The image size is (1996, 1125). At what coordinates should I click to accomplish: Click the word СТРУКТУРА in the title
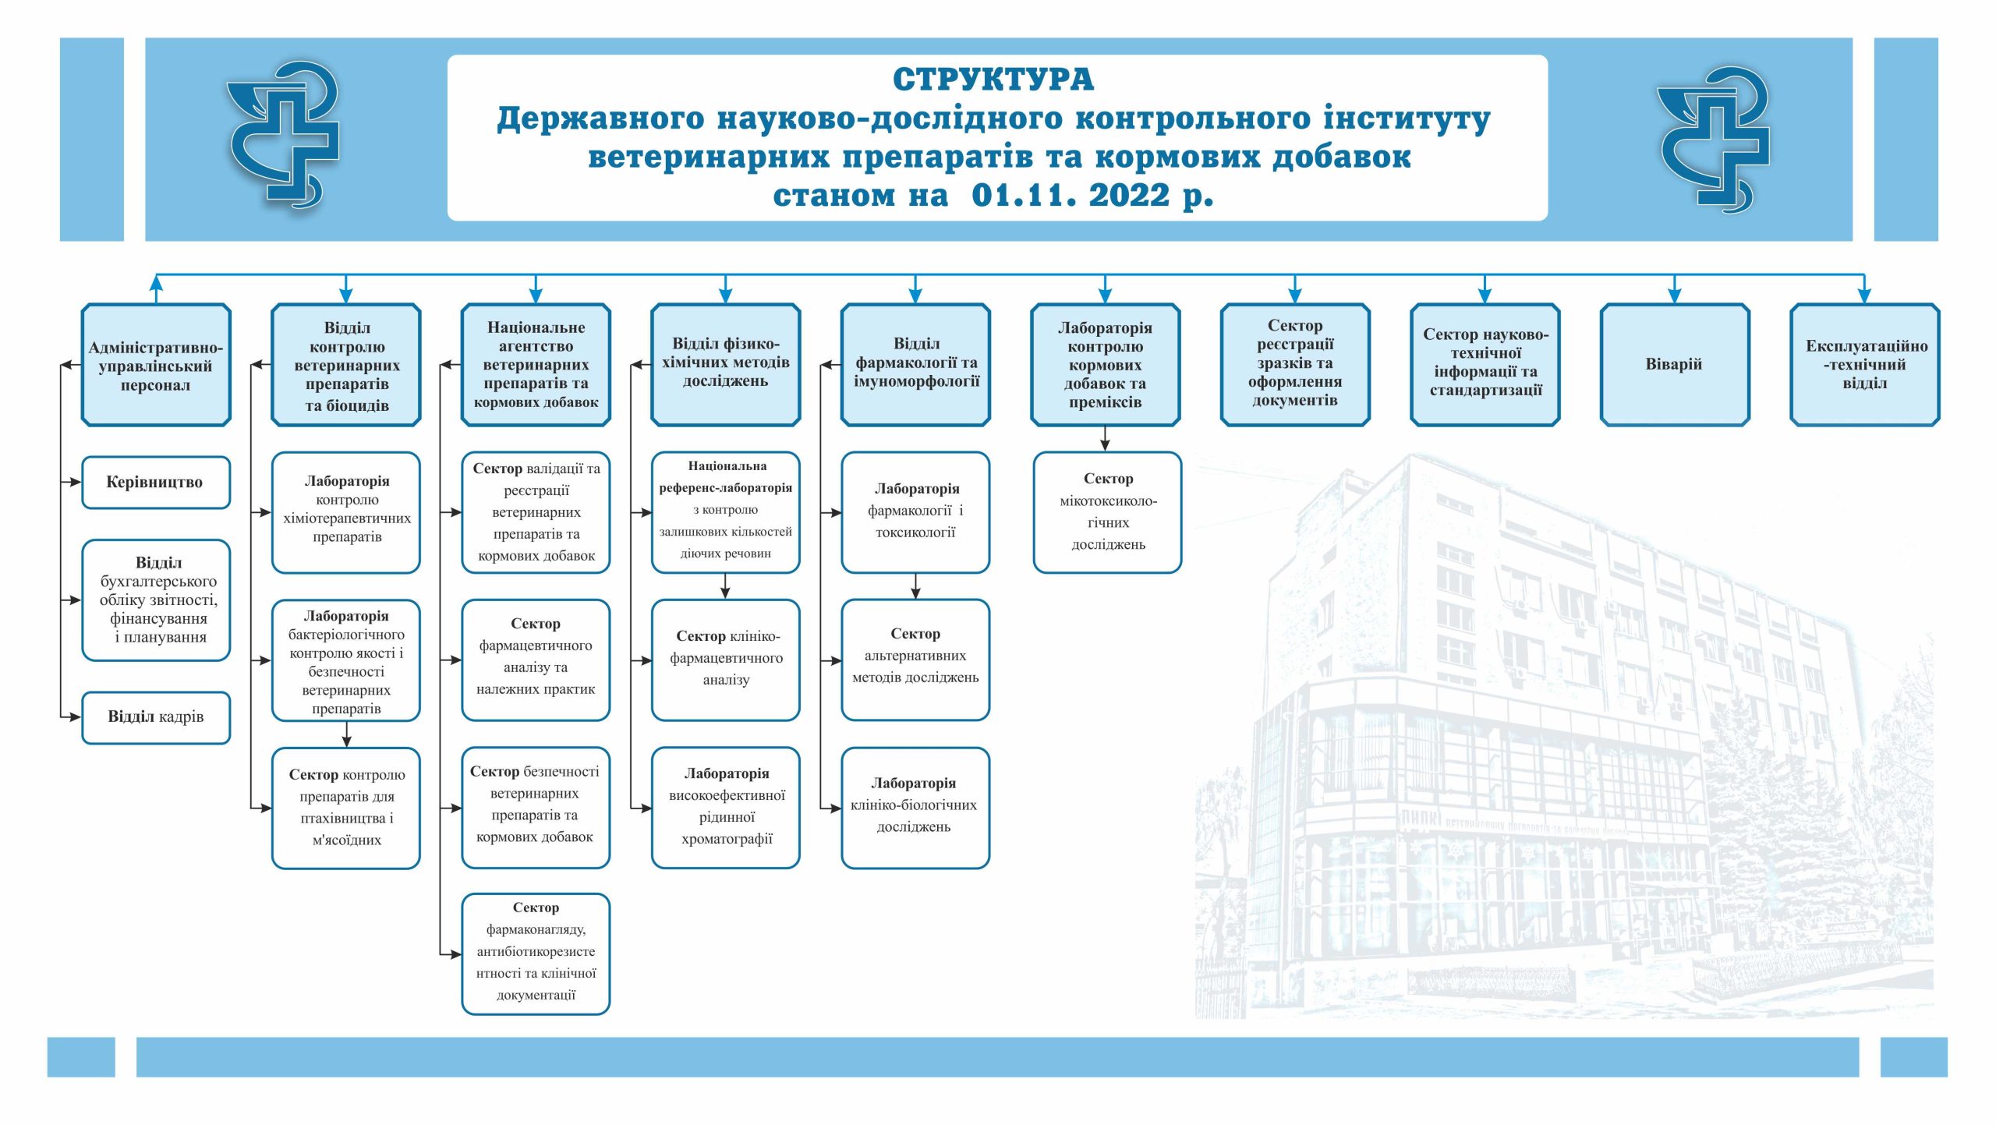pyautogui.click(x=993, y=80)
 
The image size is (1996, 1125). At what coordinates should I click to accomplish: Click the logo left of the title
pyautogui.click(x=284, y=136)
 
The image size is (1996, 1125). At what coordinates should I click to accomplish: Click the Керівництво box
pyautogui.click(x=156, y=483)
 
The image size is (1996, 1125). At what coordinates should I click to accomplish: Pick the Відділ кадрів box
pyautogui.click(x=156, y=717)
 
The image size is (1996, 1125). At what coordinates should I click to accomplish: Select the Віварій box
pyautogui.click(x=1675, y=365)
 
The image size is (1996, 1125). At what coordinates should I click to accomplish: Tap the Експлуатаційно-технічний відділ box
pyautogui.click(x=1865, y=365)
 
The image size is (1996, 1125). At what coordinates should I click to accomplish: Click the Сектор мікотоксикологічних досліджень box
pyautogui.click(x=1108, y=512)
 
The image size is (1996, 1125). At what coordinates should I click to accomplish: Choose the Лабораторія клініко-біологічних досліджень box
pyautogui.click(x=915, y=808)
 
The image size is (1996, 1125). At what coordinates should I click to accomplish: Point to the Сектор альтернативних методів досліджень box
pyautogui.click(x=915, y=660)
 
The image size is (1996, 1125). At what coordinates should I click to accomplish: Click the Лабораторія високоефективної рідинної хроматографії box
pyautogui.click(x=726, y=808)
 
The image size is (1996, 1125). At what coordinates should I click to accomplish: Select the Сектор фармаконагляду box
pyautogui.click(x=536, y=953)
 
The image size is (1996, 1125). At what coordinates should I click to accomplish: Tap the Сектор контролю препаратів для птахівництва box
pyautogui.click(x=346, y=808)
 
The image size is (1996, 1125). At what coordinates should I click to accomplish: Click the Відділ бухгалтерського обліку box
pyautogui.click(x=156, y=600)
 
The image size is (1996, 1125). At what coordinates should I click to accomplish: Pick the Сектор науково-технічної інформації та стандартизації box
pyautogui.click(x=1485, y=365)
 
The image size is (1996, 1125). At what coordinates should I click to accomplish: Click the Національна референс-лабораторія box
pyautogui.click(x=726, y=512)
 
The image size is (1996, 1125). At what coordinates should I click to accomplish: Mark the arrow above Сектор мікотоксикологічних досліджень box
pyautogui.click(x=1105, y=438)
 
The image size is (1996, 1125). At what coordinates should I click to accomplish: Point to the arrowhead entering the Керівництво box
pyautogui.click(x=76, y=483)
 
